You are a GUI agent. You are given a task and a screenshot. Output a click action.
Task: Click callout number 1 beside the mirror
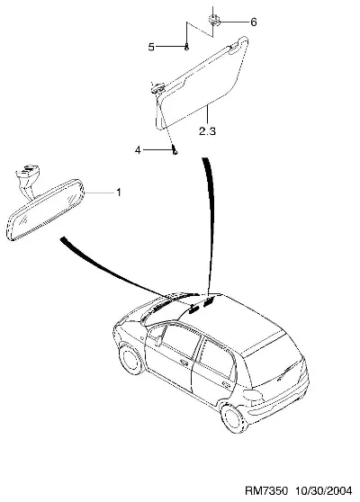[x=119, y=193]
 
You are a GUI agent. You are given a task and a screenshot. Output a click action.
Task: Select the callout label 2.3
[x=207, y=131]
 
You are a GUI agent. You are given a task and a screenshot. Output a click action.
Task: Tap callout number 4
[x=138, y=149]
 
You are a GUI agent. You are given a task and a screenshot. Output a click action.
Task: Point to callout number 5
[x=151, y=47]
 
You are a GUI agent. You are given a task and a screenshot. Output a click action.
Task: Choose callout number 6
[x=253, y=22]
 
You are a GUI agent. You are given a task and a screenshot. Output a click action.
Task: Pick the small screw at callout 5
[x=187, y=48]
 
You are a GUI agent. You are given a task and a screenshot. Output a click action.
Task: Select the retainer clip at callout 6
[x=213, y=20]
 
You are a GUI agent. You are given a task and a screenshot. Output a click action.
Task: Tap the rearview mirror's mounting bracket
[x=28, y=180]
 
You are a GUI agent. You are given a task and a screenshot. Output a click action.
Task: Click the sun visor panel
[x=202, y=84]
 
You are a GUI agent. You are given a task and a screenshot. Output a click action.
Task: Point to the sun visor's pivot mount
[x=157, y=88]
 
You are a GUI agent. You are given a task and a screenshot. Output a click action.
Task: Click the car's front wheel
[x=131, y=359]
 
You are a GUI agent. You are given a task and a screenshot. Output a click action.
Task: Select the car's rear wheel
[x=234, y=418]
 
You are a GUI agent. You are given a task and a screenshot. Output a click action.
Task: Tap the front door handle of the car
[x=184, y=362]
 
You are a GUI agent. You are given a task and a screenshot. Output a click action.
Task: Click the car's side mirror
[x=158, y=340]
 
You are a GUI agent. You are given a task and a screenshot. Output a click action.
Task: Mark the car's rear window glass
[x=274, y=366]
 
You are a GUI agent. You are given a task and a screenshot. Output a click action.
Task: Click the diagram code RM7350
[x=266, y=491]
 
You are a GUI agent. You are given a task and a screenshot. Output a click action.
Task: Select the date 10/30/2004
[x=323, y=491]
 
